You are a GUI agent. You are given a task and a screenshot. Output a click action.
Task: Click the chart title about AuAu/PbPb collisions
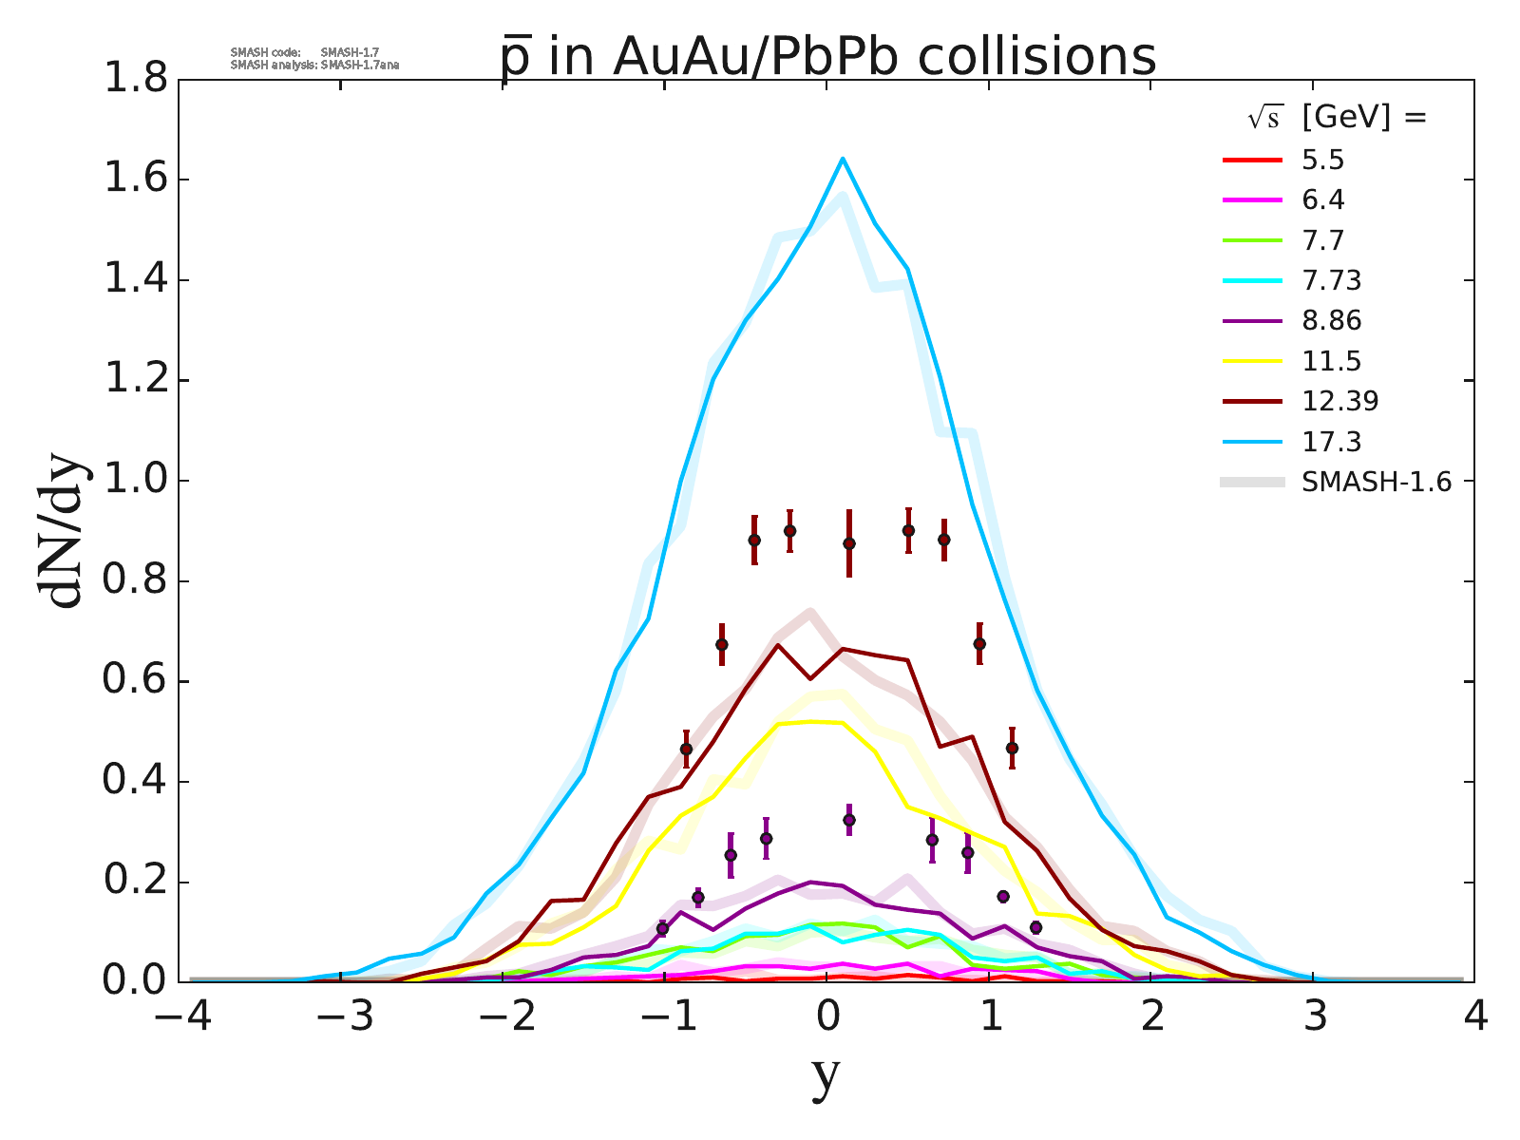(827, 57)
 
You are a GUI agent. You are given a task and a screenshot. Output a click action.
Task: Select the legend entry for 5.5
(1322, 161)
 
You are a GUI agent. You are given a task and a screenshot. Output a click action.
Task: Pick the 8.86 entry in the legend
(1331, 321)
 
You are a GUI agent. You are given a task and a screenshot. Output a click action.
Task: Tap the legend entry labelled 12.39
(1339, 401)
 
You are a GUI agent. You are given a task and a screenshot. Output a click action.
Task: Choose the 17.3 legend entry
(1331, 442)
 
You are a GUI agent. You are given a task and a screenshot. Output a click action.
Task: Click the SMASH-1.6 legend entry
(1377, 483)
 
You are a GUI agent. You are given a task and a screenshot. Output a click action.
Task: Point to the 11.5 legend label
(1331, 362)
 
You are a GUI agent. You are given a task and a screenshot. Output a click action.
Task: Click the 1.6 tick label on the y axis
(134, 180)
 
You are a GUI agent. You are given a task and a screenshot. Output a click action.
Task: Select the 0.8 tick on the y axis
(134, 581)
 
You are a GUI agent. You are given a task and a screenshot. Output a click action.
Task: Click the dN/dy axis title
(63, 531)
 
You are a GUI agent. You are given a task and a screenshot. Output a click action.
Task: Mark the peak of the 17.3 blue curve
(843, 159)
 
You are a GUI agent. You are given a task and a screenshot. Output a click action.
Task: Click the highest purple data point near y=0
(849, 819)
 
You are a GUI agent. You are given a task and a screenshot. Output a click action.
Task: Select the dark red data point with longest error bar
(849, 543)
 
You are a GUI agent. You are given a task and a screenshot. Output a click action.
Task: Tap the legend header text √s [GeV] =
(1338, 118)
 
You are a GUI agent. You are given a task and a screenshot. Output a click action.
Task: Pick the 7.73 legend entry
(1331, 281)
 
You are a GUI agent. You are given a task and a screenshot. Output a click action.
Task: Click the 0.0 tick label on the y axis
(134, 980)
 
